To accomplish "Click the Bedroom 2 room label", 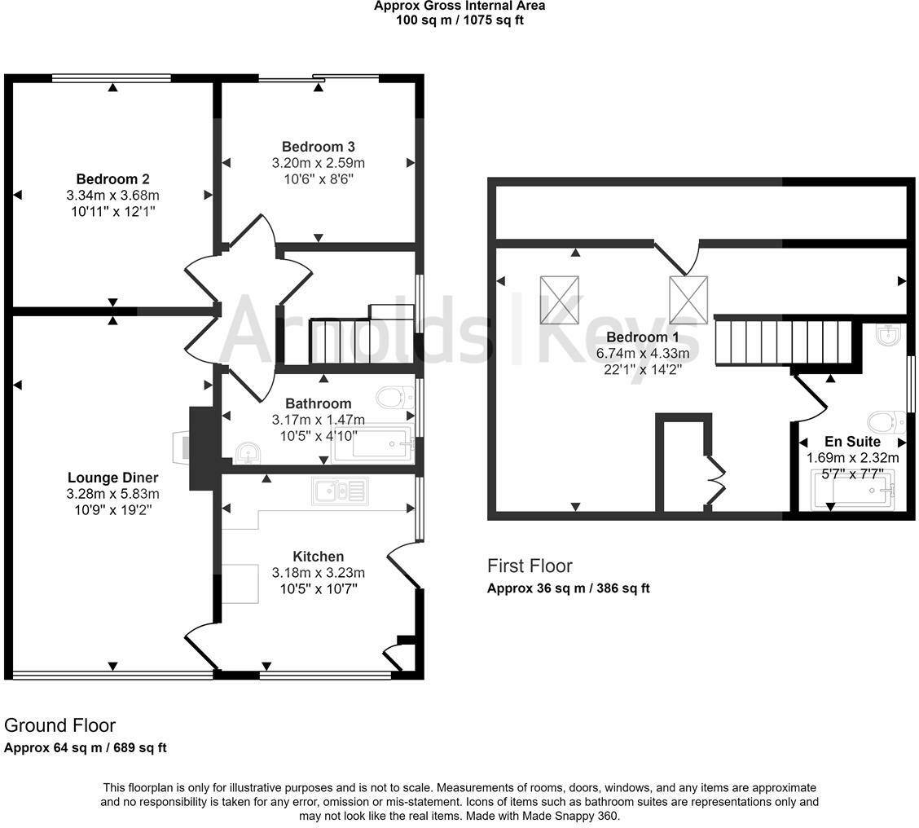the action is tap(112, 178).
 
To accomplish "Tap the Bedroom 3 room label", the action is tap(319, 147).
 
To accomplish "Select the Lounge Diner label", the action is tap(112, 478).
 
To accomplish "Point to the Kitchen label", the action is tap(319, 557).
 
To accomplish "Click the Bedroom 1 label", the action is tap(642, 337).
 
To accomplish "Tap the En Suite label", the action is tap(852, 442).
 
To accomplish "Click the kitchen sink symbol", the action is tap(341, 491).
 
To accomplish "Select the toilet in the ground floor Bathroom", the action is tap(396, 399).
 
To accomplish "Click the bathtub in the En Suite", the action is tap(853, 489).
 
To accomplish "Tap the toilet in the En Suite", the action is tap(887, 421).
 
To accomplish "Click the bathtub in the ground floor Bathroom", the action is tap(373, 444).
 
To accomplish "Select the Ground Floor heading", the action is tap(59, 725).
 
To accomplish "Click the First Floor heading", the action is tap(530, 566).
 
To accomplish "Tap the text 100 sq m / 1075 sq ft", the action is tap(459, 20).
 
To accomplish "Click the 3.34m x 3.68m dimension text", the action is tap(112, 196).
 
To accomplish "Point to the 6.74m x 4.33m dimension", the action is tap(642, 354).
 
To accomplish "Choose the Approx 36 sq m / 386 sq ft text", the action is tap(569, 588).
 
